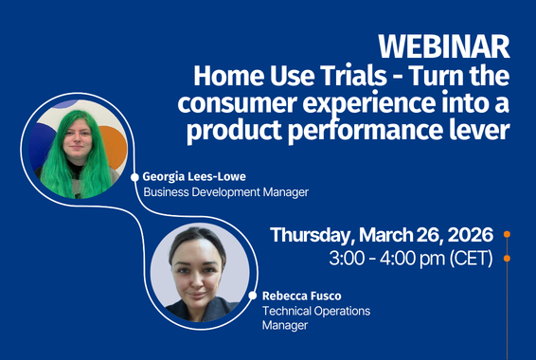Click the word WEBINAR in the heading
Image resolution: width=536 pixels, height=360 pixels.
444,45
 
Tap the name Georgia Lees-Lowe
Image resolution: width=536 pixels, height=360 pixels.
195,176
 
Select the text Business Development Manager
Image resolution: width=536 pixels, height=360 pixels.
225,192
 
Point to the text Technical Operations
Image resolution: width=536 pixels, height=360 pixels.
315,311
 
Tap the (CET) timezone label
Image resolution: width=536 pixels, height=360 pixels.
471,258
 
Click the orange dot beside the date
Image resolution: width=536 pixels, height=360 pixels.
508,234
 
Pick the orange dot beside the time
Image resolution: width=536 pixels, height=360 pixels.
508,258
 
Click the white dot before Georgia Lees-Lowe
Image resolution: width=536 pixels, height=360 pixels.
134,177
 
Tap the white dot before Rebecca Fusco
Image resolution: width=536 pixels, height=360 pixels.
254,296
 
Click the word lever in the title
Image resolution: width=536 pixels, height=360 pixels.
484,131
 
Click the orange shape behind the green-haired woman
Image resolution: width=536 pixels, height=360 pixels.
113,152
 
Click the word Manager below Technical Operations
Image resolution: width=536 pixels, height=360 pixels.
285,326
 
